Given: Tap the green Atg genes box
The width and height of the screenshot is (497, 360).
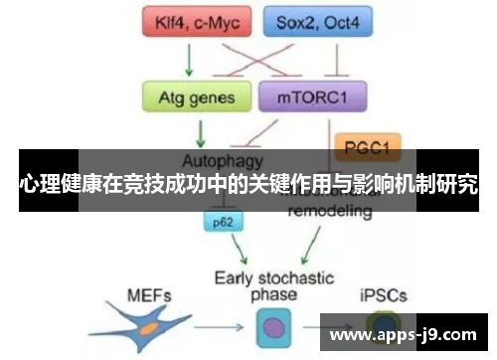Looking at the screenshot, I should point(196,97).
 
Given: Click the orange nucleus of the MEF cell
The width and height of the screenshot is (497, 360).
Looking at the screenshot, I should point(147,326).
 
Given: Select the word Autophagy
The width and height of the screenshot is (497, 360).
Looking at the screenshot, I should point(223,159).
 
